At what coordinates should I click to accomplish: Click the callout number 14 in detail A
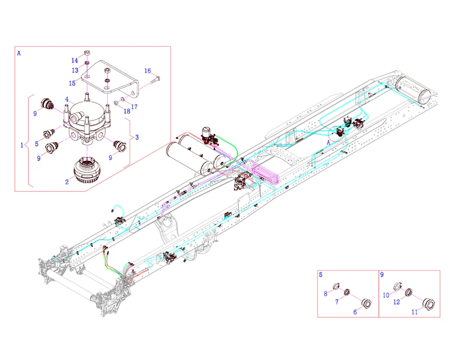coord(75,60)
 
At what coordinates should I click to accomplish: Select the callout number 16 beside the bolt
coord(148,71)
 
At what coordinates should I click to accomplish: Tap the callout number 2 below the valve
coord(67,182)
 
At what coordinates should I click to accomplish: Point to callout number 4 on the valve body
coord(67,99)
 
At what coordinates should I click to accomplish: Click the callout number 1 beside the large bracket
coord(22,145)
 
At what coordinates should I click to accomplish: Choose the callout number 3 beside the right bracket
coord(137,137)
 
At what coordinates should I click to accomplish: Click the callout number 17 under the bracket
coord(134,107)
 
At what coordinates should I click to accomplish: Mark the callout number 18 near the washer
coord(127,111)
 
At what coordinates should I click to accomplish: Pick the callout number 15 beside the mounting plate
coord(72,83)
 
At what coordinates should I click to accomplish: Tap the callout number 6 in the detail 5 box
coord(355,312)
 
